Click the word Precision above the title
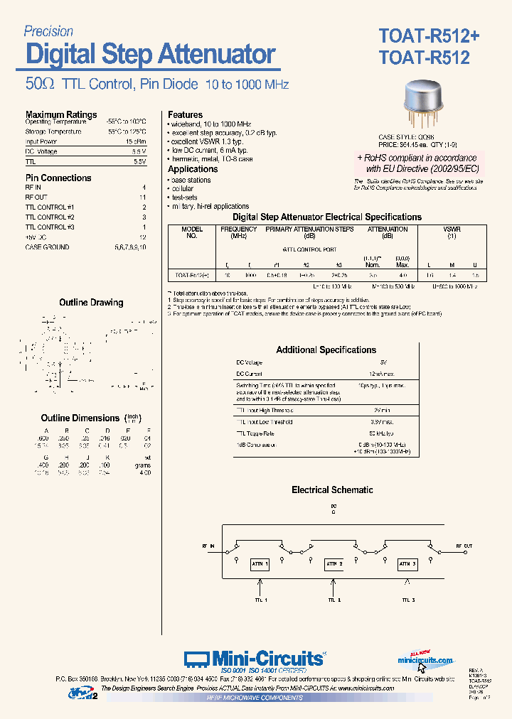point(48,31)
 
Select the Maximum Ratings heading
point(61,114)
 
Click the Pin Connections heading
point(58,178)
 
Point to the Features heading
point(185,114)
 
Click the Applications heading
point(193,169)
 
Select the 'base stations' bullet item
point(191,180)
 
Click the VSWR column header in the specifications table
point(451,229)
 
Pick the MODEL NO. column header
point(191,232)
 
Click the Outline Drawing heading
point(91,303)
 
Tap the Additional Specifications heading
point(326,350)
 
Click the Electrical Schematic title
point(332,490)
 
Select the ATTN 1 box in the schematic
point(260,564)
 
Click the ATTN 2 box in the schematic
point(335,564)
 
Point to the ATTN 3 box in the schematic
point(407,564)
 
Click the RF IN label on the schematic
point(207,545)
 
